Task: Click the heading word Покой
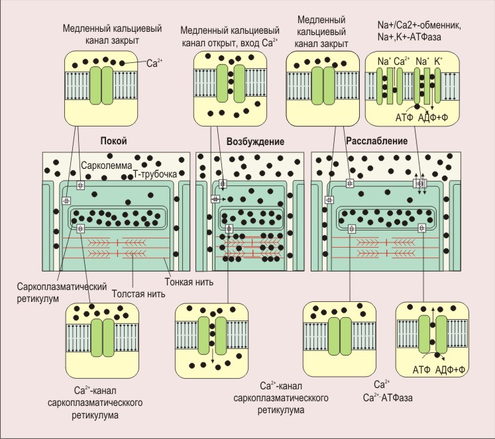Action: (113, 142)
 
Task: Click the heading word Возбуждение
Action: (255, 142)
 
